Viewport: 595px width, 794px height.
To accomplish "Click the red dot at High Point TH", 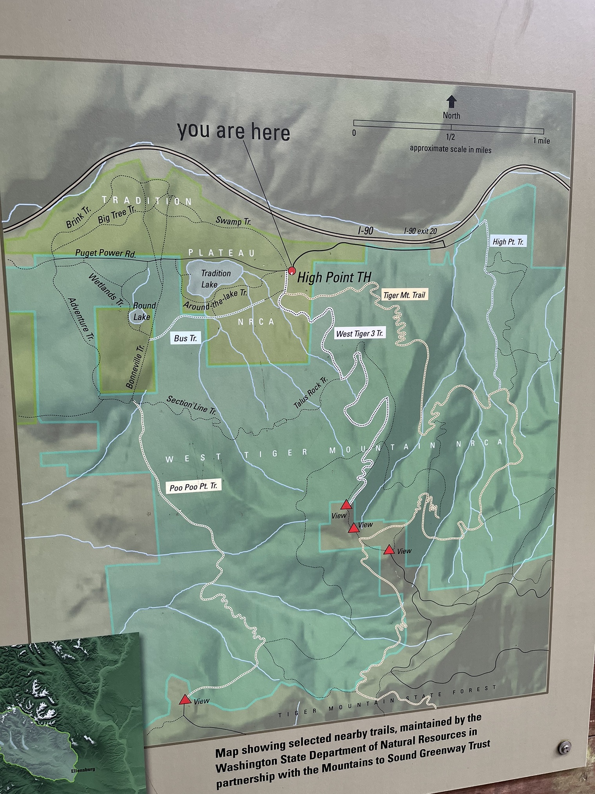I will [x=292, y=270].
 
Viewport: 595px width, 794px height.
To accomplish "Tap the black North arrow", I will [x=451, y=101].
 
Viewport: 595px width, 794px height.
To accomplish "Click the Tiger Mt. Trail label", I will [x=404, y=295].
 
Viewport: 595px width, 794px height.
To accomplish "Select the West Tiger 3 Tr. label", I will [x=359, y=334].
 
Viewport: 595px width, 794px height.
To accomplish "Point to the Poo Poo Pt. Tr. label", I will [x=193, y=487].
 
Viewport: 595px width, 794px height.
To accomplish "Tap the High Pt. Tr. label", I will [x=508, y=242].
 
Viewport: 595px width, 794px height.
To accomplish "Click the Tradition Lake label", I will [x=215, y=278].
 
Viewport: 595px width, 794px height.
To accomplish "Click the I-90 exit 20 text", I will [x=420, y=231].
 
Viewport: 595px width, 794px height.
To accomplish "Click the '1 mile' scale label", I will [x=541, y=141].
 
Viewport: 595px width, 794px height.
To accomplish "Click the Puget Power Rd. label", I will [x=106, y=253].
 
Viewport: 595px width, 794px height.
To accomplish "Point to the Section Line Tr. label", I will [x=191, y=405].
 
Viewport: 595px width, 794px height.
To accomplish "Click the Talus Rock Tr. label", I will [x=310, y=393].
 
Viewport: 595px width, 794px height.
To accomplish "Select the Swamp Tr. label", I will [x=233, y=221].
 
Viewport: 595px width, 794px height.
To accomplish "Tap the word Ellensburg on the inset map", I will [x=83, y=769].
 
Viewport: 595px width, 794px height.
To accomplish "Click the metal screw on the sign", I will [x=564, y=747].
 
